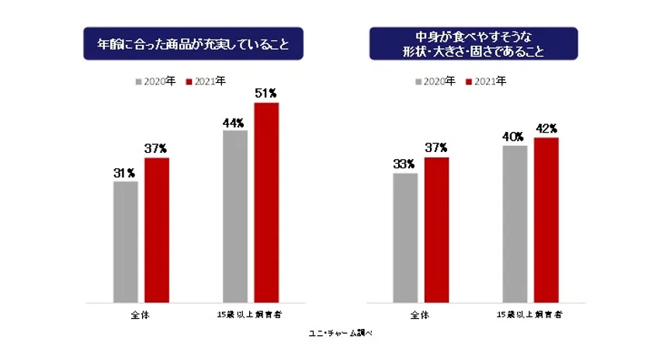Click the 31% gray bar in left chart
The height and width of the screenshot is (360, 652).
tap(126, 241)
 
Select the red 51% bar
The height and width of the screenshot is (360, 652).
tap(265, 202)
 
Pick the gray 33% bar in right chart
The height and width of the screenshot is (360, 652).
tap(405, 237)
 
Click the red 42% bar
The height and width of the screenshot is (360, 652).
tap(546, 220)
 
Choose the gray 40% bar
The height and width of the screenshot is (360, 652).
tap(515, 223)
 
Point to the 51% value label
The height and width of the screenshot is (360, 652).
tap(265, 94)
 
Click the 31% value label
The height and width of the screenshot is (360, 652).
tap(125, 173)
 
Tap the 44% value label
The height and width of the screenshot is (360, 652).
tap(234, 122)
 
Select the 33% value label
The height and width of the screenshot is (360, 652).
tap(404, 164)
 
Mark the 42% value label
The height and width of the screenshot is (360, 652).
tap(547, 128)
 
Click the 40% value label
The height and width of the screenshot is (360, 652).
tap(513, 137)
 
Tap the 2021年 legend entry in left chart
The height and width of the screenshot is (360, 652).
tap(206, 81)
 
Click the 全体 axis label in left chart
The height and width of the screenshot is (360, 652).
tap(141, 316)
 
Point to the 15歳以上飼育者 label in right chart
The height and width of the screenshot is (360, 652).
tap(530, 316)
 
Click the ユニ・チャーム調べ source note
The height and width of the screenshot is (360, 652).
tap(342, 334)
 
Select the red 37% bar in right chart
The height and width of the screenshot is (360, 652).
tap(436, 230)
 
